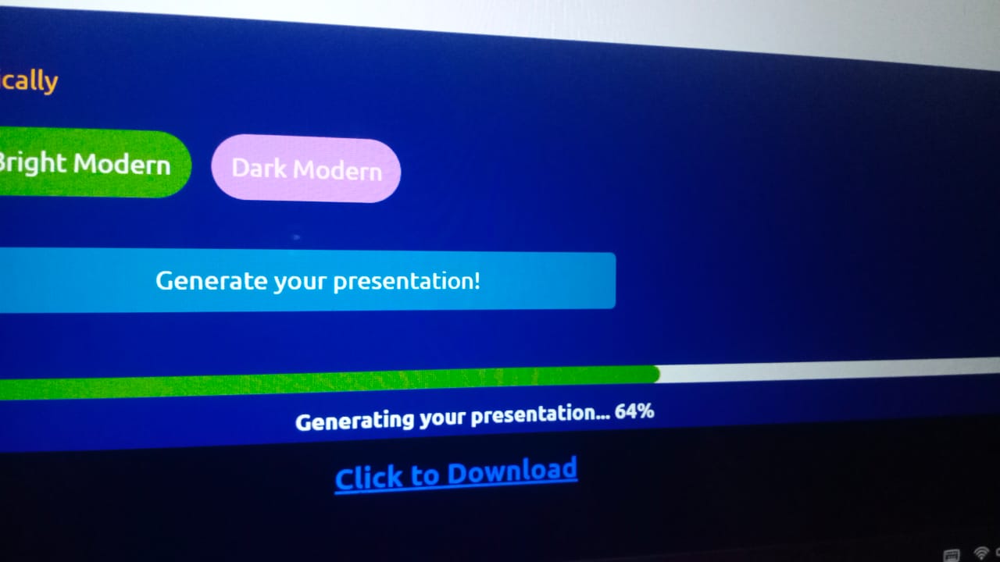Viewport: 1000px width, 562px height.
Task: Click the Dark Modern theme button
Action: tap(306, 169)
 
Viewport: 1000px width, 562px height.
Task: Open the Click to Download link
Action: tap(455, 474)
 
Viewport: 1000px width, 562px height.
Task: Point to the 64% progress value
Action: tap(634, 411)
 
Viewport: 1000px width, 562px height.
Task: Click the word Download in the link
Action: tap(512, 471)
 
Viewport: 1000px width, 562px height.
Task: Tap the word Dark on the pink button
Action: tap(259, 168)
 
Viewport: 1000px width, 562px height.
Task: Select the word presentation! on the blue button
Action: tap(407, 281)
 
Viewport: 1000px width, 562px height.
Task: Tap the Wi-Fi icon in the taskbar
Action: tap(981, 553)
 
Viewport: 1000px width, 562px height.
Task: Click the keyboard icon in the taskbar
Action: tap(952, 556)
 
